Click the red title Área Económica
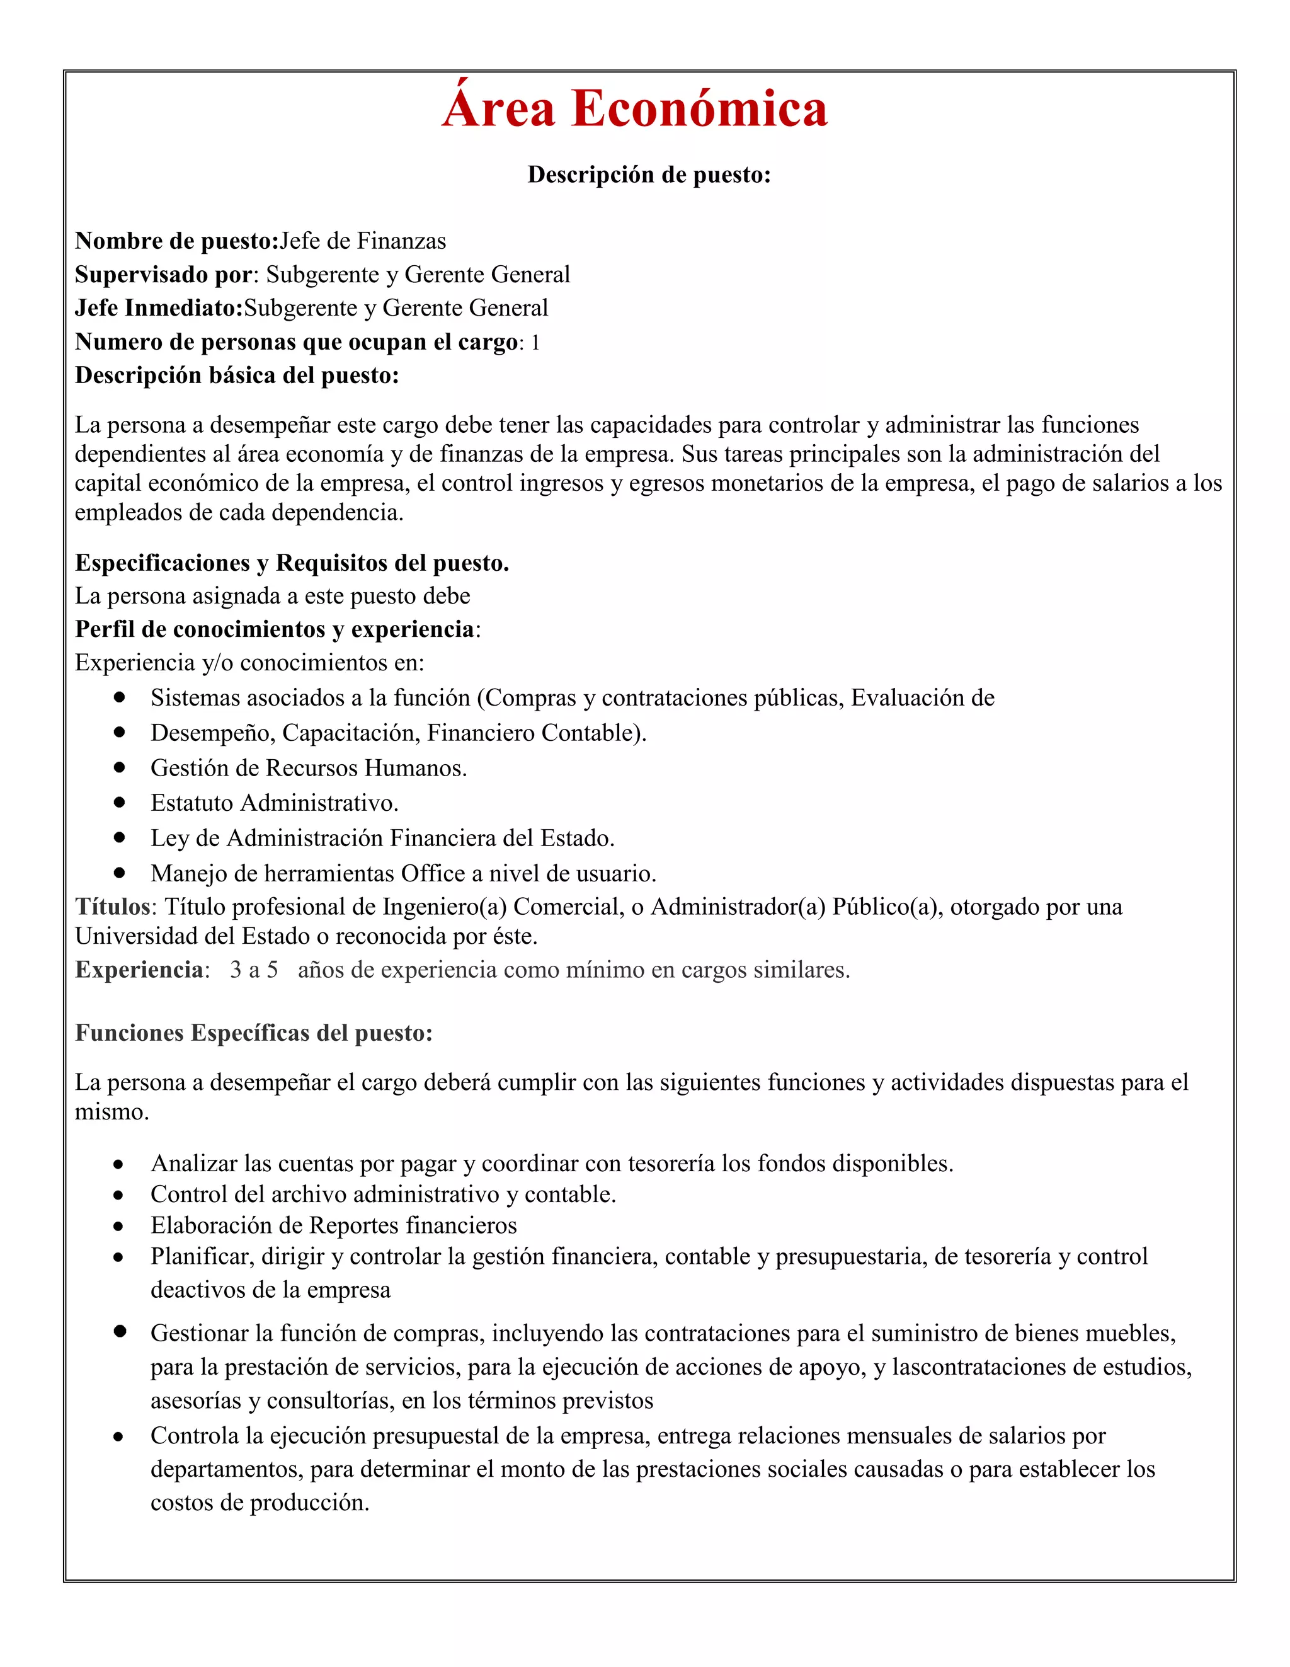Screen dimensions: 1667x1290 click(x=634, y=108)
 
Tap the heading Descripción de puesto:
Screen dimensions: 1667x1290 click(x=649, y=175)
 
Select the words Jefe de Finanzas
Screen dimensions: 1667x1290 click(x=363, y=241)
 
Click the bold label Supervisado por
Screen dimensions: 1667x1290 click(x=163, y=275)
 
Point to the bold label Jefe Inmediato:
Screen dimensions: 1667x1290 click(x=159, y=308)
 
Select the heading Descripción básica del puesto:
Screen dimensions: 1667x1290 click(x=237, y=375)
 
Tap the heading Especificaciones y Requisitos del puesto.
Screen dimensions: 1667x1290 click(x=292, y=563)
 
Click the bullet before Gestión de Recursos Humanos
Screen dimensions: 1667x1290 click(x=119, y=767)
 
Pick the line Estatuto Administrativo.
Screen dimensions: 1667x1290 click(x=274, y=803)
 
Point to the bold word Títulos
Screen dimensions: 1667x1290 click(x=112, y=907)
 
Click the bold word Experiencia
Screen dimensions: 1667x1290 click(x=139, y=970)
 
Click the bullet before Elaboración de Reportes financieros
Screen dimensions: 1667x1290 click(x=118, y=1227)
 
